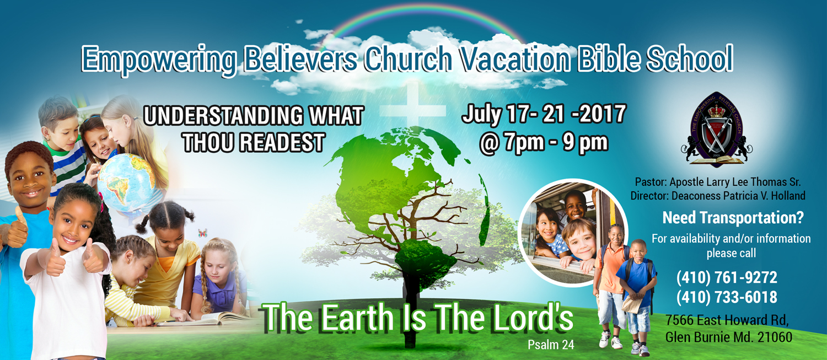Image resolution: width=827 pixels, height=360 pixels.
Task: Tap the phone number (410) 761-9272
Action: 727,278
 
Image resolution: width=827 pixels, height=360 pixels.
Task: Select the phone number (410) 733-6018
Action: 727,297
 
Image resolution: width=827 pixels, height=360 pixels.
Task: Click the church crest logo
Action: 717,129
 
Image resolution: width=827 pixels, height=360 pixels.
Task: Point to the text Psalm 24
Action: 551,345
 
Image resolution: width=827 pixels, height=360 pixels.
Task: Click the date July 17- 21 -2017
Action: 544,114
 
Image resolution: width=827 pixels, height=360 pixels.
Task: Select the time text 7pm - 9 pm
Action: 556,143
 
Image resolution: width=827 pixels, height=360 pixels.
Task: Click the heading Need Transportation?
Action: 733,217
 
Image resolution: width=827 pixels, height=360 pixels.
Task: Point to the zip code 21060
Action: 775,337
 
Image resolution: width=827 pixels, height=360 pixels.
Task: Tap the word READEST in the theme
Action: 282,143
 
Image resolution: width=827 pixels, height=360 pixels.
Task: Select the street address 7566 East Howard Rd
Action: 727,320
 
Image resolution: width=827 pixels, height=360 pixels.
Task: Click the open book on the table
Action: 207,318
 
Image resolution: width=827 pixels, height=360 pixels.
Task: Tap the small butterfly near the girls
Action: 202,233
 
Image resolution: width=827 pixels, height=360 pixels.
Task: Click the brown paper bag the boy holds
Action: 632,304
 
